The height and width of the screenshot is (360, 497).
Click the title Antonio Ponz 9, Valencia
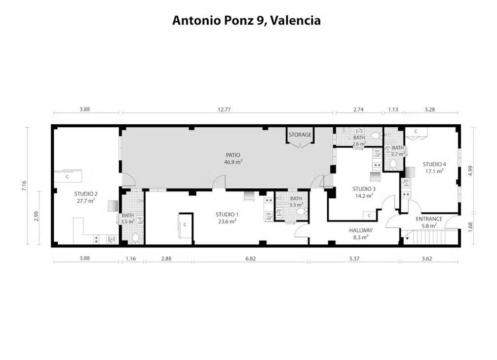pyautogui.click(x=246, y=21)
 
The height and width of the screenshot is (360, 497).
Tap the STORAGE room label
pyautogui.click(x=300, y=135)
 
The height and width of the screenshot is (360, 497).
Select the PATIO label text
pyautogui.click(x=233, y=155)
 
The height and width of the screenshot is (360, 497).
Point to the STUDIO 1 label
pyautogui.click(x=227, y=215)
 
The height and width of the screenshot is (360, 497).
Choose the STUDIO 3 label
pyautogui.click(x=364, y=189)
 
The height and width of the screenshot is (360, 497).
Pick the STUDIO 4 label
pyautogui.click(x=434, y=164)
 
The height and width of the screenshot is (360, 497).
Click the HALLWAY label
pyautogui.click(x=361, y=230)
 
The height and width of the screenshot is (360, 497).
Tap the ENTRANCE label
pyautogui.click(x=429, y=219)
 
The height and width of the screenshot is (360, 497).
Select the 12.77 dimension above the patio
pyautogui.click(x=224, y=109)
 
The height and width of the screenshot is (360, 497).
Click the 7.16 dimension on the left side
pyautogui.click(x=24, y=185)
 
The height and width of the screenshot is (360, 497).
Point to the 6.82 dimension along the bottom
pyautogui.click(x=250, y=258)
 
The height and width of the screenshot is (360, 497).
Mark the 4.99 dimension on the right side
pyautogui.click(x=470, y=171)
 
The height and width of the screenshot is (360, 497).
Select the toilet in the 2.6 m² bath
pyautogui.click(x=376, y=136)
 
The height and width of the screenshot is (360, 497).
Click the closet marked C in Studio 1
pyautogui.click(x=185, y=225)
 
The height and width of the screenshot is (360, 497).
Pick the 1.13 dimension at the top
pyautogui.click(x=393, y=109)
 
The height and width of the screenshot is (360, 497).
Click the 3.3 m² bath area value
pyautogui.click(x=296, y=205)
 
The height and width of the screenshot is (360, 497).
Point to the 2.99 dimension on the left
pyautogui.click(x=36, y=216)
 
